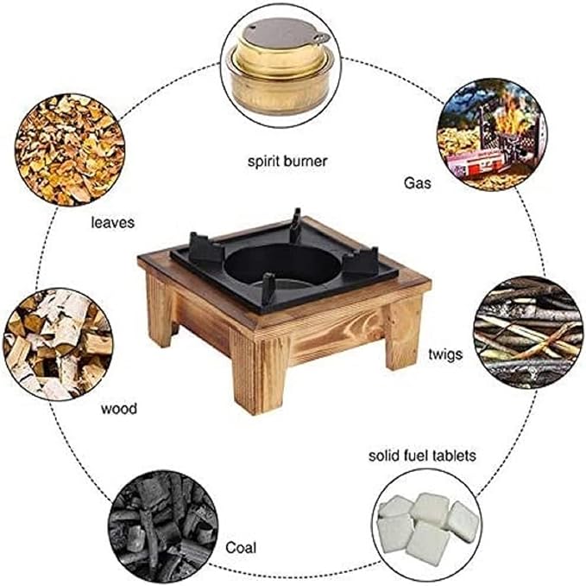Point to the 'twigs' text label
tap(445, 354)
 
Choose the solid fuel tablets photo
tap(425, 522)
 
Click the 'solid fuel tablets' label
tap(421, 455)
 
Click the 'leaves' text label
tap(112, 222)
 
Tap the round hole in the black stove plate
tap(283, 264)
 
